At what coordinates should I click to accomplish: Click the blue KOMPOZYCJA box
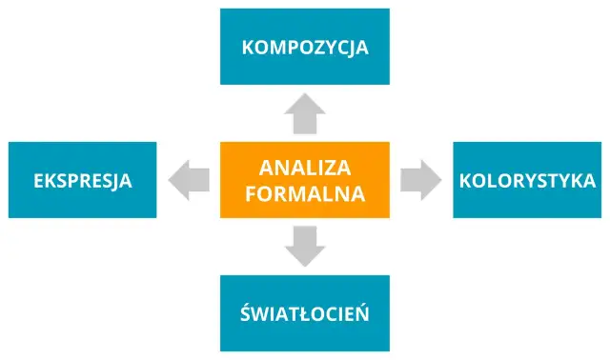305,46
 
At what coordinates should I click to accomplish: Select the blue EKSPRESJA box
82,180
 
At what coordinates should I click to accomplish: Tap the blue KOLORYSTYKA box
527,180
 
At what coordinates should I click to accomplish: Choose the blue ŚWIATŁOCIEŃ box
305,313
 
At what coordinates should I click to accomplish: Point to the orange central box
305,180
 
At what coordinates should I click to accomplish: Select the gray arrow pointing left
189,180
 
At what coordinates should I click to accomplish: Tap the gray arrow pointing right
420,180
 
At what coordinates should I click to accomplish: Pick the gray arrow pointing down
305,246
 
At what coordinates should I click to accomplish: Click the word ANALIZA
305,168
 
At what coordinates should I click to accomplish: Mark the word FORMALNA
305,193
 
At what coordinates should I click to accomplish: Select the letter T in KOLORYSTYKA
552,181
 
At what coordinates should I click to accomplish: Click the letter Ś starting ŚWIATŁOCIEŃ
247,313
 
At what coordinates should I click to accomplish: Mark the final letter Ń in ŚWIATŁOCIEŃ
362,313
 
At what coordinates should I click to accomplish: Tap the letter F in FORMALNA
251,193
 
